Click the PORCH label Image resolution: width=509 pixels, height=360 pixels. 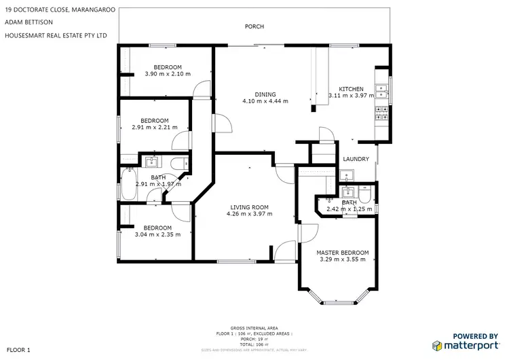coord(254,26)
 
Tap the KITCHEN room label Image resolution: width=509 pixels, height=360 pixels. coord(352,89)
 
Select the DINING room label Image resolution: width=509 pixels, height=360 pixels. coord(265,94)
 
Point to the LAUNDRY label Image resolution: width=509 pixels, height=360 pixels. coord(356,160)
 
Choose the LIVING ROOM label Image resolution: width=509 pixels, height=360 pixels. coord(249,207)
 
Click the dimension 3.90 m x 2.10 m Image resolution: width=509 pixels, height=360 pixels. coord(168,73)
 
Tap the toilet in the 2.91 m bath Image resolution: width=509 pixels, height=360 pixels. coord(178,163)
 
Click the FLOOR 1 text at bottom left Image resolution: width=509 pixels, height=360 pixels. coord(18,349)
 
